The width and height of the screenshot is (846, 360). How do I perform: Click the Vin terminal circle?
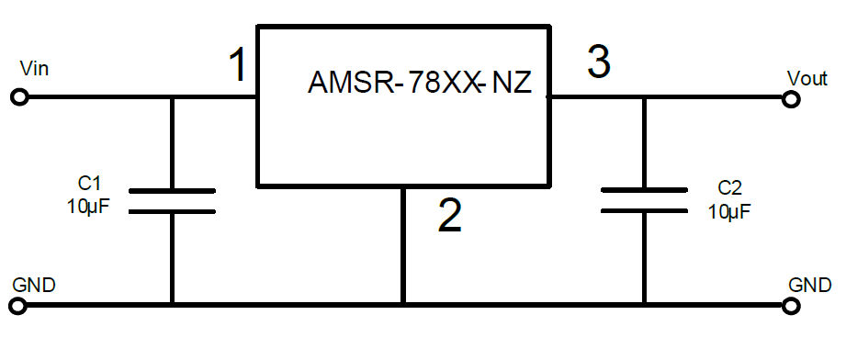19,97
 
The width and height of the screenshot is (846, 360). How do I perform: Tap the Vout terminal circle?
791,99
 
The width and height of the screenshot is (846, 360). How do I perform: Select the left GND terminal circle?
18,306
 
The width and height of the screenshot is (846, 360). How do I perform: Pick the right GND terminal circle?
791,306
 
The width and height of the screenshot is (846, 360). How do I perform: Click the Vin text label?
34,69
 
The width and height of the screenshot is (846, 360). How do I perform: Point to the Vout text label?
807,79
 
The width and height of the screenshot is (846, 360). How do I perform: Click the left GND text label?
34,285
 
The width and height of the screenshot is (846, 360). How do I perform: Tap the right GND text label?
810,285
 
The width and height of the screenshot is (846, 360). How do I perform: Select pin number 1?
238,64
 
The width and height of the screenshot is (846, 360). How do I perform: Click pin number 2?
449,215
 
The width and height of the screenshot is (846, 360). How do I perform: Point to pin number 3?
598,62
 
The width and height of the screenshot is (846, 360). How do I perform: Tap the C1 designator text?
89,184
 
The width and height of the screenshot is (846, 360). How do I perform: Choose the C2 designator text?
729,188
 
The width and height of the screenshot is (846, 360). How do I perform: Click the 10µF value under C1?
89,207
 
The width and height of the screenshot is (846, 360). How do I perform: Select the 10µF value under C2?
729,211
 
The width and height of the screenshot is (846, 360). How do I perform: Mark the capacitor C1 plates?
172,201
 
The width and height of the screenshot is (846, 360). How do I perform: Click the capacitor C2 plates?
644,200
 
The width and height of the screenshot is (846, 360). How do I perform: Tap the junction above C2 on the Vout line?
644,97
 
